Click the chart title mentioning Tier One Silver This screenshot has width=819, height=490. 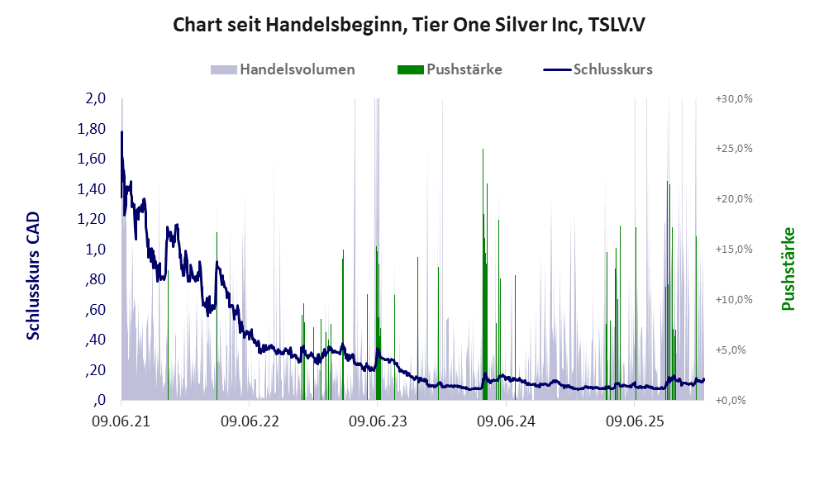tap(408, 25)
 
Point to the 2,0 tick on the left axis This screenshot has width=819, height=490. tap(96, 98)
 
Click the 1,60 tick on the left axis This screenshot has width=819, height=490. tap(93, 159)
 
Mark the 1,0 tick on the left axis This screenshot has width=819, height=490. tap(96, 250)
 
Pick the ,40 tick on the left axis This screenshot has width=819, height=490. tap(94, 340)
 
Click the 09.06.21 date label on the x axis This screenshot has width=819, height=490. tap(121, 421)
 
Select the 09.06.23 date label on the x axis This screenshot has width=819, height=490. tap(378, 421)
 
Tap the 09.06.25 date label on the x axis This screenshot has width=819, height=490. tap(634, 421)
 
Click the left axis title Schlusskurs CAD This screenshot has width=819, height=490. tap(34, 275)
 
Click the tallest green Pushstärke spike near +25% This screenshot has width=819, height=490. tap(483, 150)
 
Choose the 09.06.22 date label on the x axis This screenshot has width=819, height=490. tap(250, 421)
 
